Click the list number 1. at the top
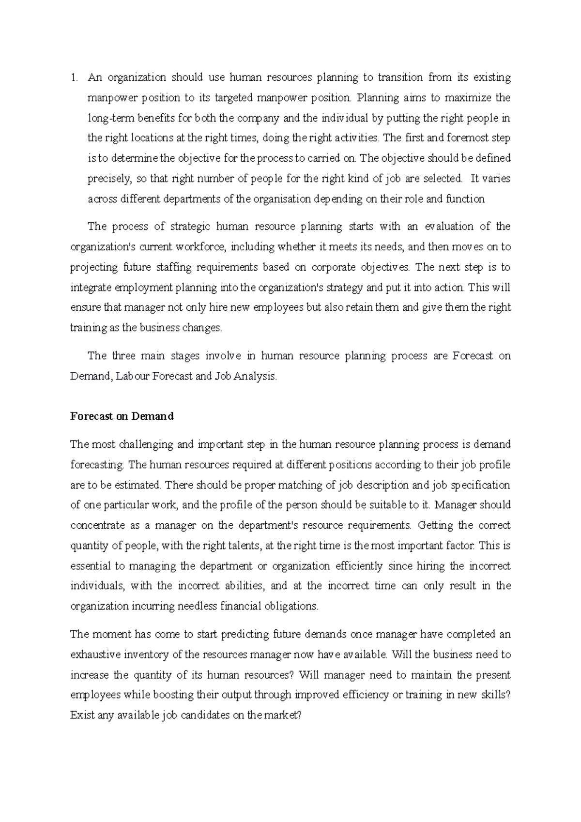(74, 77)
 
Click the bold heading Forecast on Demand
(122, 416)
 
